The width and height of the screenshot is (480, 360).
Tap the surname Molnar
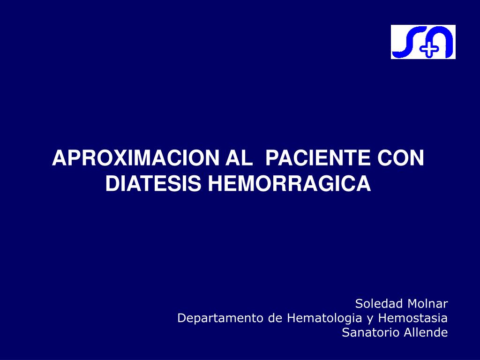coord(427,303)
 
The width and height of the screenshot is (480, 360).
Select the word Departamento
coord(221,318)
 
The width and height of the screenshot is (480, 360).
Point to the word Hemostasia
coord(412,318)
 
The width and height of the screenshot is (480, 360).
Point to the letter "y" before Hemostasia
coord(370,319)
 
